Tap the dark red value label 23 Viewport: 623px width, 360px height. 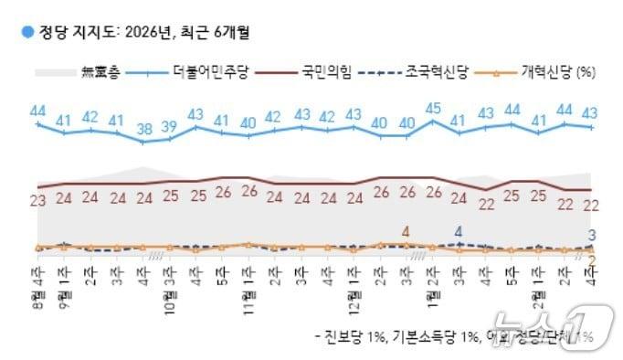tap(38, 200)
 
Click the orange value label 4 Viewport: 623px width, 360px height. tap(406, 231)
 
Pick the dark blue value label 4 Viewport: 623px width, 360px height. tap(459, 231)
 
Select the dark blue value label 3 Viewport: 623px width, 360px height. tap(592, 235)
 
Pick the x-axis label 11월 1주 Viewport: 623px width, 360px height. tap(248, 279)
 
